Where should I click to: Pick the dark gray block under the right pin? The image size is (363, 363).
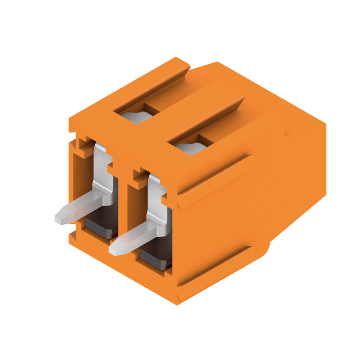[157, 256]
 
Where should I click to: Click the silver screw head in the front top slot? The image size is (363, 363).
[191, 148]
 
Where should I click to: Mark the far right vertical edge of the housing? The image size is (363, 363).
[325, 159]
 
